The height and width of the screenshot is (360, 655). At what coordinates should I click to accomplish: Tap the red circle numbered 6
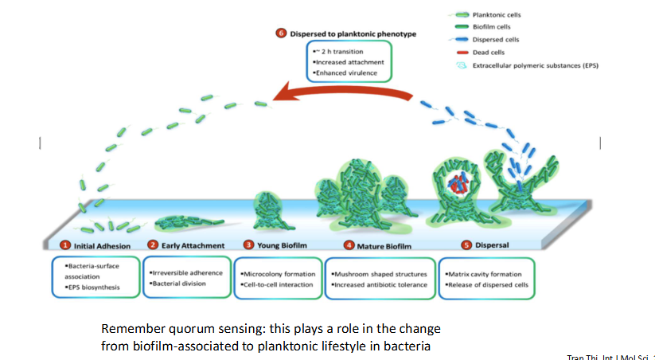pos(280,33)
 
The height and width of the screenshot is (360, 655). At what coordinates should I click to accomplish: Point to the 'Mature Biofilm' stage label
pos(376,245)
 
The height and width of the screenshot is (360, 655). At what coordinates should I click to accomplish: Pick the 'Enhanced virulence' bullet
pos(345,72)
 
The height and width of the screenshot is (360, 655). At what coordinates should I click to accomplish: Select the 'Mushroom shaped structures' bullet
pos(380,272)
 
